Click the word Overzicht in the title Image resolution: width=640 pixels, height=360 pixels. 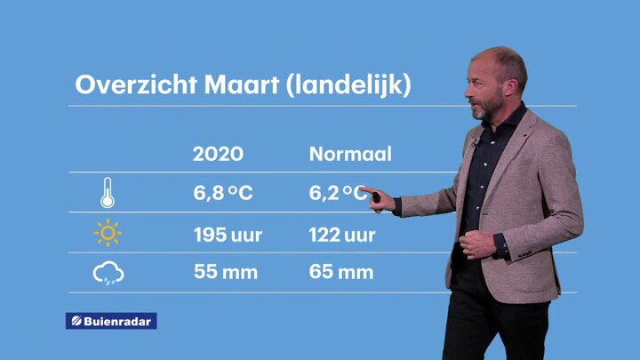136,84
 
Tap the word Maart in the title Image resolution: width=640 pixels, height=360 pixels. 242,84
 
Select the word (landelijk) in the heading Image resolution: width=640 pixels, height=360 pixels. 348,85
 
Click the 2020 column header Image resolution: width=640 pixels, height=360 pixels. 218,154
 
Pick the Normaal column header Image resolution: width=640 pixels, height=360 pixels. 350,154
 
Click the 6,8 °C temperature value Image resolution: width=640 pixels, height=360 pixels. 223,193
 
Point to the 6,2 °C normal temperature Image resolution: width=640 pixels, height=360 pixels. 338,193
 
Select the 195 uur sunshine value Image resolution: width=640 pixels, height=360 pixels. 228,235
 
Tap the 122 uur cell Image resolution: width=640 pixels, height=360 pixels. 342,235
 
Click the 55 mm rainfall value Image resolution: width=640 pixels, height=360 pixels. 226,272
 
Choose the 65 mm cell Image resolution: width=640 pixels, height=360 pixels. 341,272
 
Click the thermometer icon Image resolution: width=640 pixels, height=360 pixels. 108,193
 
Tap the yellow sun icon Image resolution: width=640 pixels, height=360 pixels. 108,233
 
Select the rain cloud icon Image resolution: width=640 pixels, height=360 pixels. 108,273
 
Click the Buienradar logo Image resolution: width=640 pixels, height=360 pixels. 111,321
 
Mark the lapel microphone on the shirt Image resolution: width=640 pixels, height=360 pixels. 474,143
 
